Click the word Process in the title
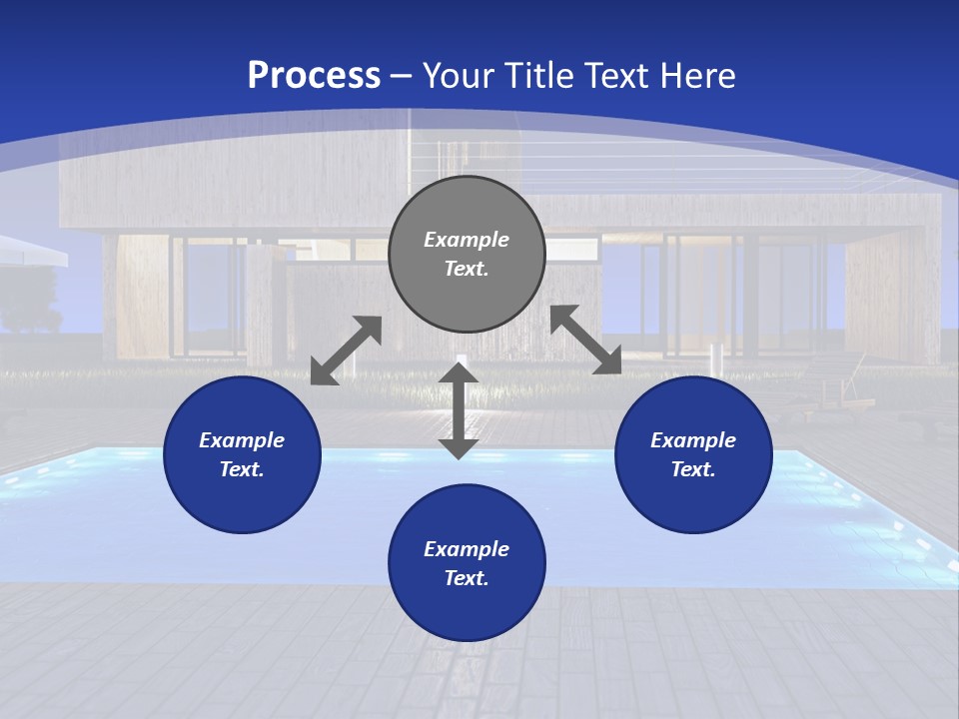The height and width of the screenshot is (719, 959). [314, 75]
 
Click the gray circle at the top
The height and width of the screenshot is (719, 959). [467, 255]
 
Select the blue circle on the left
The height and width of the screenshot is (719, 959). [242, 455]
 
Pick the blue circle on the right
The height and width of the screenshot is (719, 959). [693, 455]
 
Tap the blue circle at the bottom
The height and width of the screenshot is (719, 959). [467, 563]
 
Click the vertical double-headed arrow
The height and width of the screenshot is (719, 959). [459, 410]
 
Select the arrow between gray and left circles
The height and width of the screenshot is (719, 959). [346, 351]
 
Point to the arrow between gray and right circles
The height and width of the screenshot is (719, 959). [585, 340]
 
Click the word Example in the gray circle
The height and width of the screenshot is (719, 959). [467, 240]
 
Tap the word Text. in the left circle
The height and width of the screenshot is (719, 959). [242, 469]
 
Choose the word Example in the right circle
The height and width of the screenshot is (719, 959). [693, 440]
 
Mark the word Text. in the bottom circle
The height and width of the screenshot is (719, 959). [467, 578]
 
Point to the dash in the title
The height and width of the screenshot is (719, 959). [402, 77]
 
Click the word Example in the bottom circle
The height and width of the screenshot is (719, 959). [467, 549]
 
